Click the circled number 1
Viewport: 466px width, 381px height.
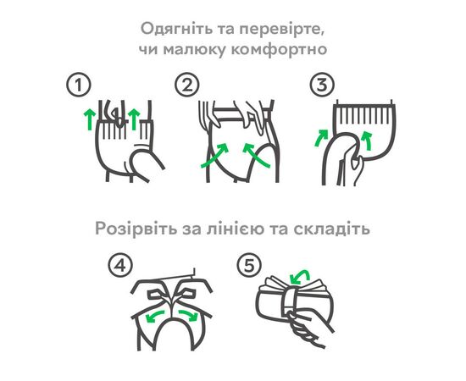[79, 86]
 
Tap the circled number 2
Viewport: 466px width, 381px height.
[187, 86]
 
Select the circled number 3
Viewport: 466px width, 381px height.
[322, 86]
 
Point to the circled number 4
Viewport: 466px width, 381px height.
[120, 265]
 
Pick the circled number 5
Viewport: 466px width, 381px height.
[249, 265]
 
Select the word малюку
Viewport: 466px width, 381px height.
[194, 50]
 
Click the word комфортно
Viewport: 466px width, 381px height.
[279, 49]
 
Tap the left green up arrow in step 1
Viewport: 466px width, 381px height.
[89, 119]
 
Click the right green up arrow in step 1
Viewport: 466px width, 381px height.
[134, 119]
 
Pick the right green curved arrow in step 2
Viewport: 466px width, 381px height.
[256, 154]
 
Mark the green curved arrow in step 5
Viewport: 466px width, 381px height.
[301, 274]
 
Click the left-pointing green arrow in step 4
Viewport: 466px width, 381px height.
[154, 316]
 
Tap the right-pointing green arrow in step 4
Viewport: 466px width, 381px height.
[188, 315]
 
